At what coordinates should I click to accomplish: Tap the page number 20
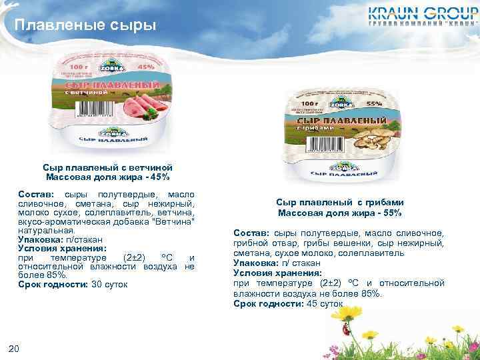(14, 347)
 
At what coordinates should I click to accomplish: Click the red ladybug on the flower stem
(345, 329)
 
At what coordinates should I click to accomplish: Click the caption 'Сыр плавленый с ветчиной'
(108, 167)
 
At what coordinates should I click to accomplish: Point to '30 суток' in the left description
(109, 285)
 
